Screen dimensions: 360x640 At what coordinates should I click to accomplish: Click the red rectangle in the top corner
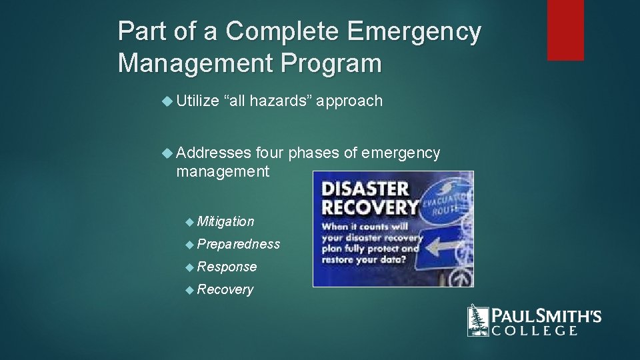[x=565, y=30]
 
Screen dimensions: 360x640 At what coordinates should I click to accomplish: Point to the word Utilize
[x=197, y=101]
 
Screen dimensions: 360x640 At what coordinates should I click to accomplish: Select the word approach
[x=349, y=101]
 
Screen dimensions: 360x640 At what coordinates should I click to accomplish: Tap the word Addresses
[x=213, y=153]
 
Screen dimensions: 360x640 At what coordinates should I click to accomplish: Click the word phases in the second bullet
[x=313, y=153]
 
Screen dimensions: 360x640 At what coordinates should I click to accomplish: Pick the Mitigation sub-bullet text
[x=225, y=221]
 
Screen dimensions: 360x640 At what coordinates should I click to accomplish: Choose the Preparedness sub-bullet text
[x=239, y=244]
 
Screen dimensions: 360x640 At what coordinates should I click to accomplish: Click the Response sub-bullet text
[x=227, y=267]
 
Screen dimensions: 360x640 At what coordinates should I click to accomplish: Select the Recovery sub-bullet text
[x=225, y=289]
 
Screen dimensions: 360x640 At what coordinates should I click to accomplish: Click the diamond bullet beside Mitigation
[x=189, y=221]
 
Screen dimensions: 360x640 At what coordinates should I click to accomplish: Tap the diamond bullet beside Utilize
[x=167, y=101]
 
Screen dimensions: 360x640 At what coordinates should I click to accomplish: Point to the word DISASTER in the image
[x=365, y=189]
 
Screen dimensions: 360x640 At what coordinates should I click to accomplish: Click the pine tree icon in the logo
[x=478, y=320]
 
